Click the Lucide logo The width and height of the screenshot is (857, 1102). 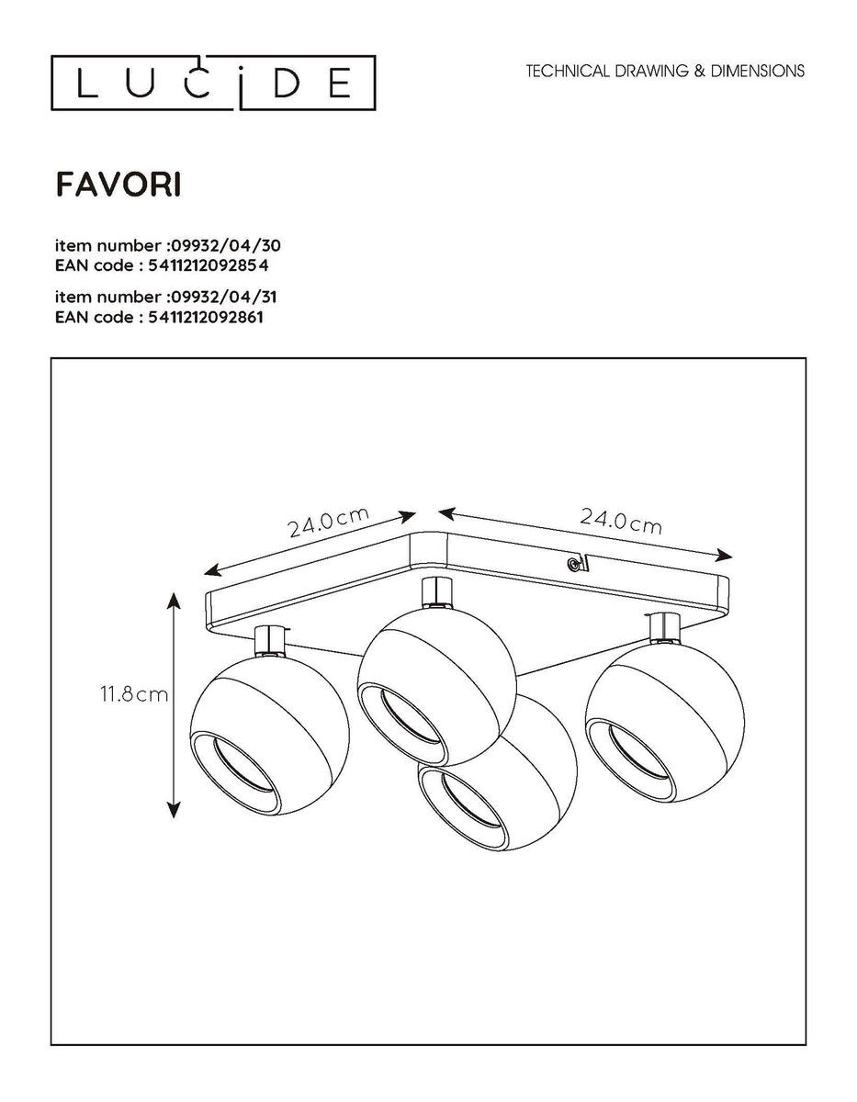213,83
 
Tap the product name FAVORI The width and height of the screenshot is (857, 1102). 118,186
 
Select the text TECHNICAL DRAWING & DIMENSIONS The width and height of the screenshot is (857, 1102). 665,71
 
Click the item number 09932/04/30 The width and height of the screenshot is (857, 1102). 225,246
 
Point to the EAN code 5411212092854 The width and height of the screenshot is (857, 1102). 208,265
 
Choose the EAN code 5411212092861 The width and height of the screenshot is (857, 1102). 206,318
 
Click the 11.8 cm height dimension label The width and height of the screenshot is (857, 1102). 134,694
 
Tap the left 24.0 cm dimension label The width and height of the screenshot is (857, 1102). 328,522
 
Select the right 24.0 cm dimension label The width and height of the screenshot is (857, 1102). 621,522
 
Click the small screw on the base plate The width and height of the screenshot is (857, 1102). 572,564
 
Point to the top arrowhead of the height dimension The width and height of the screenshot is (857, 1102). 174,602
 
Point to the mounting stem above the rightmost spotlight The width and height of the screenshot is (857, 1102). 664,630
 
